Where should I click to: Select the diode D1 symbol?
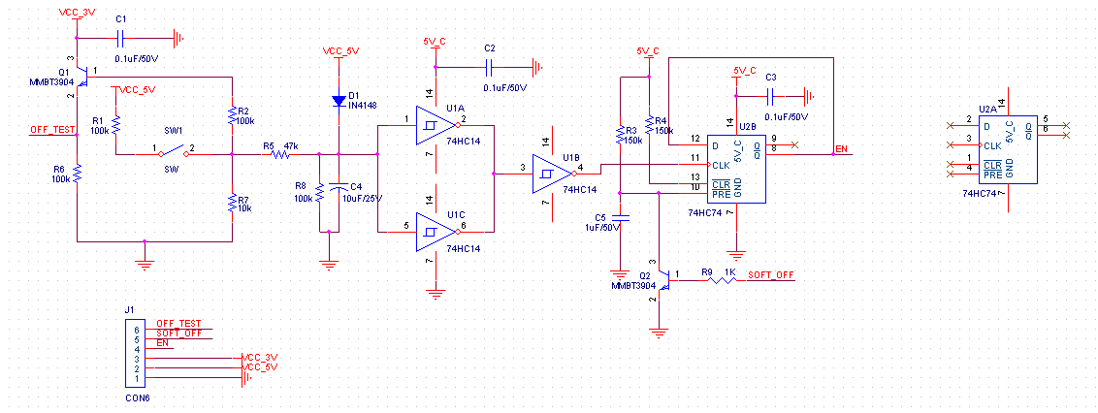pos(339,100)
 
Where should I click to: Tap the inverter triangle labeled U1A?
pos(433,123)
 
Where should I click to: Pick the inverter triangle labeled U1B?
pos(549,175)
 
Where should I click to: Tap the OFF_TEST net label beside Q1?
pos(52,129)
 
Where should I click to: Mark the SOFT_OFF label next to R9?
pos(771,275)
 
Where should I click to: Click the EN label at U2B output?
pos(841,148)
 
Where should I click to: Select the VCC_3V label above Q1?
pos(78,12)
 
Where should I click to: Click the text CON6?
pos(137,397)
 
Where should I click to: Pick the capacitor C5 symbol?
pos(622,216)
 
